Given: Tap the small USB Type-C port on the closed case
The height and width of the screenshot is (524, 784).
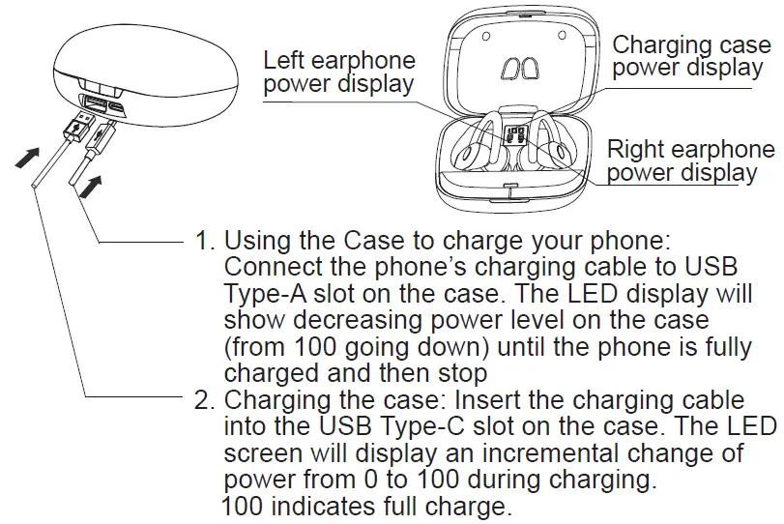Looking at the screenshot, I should (116, 107).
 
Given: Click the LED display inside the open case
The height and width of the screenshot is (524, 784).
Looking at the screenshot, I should (515, 137).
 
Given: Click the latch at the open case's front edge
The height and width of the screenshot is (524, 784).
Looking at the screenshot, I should (510, 184).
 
